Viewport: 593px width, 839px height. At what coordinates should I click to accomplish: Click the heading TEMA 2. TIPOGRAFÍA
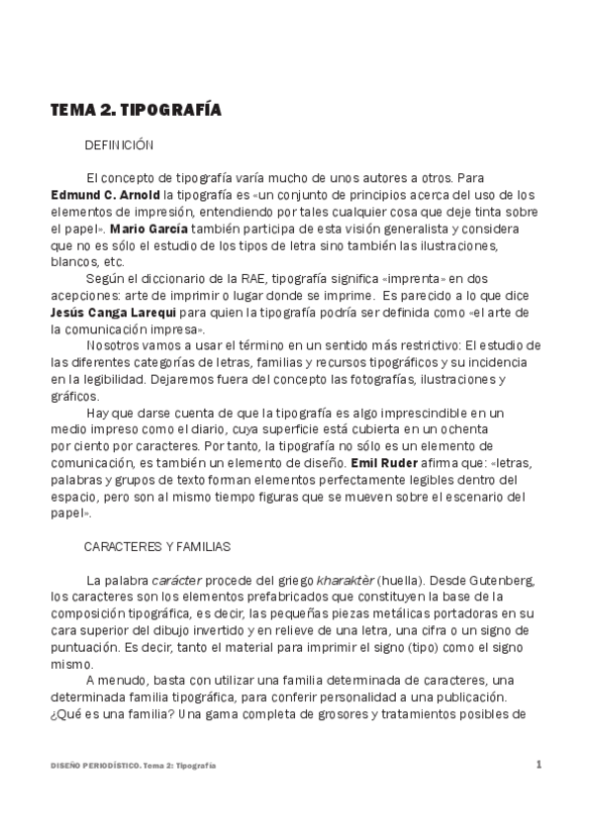tap(136, 110)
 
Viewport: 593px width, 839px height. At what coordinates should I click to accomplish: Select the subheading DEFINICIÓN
tap(119, 144)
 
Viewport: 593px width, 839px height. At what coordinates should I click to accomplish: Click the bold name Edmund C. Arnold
tap(97, 195)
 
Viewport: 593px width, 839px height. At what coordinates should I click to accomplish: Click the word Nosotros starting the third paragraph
tap(118, 345)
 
